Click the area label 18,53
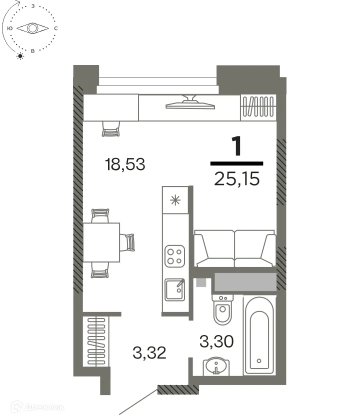125,164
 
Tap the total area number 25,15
236,178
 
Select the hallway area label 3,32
149,353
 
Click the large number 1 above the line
236,146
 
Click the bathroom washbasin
216,366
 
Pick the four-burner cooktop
174,255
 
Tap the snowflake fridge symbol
174,201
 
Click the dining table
101,242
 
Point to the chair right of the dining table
129,242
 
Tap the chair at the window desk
111,130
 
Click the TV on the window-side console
190,103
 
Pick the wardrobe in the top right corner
258,107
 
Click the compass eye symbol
32,28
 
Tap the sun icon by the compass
20,55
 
